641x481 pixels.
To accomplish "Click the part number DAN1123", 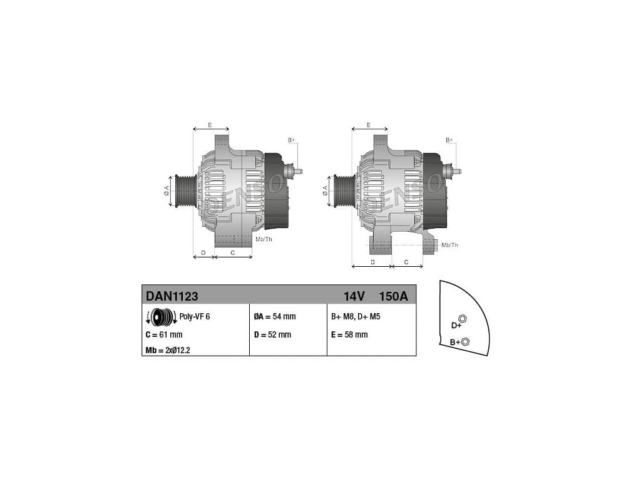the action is (x=172, y=296).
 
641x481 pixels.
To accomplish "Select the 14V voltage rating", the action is (x=354, y=296).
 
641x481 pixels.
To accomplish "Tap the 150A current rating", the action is (x=393, y=296).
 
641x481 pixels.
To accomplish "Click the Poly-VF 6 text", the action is (x=195, y=316).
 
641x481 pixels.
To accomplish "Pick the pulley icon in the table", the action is (x=162, y=316).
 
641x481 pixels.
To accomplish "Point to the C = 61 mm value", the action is (x=164, y=334).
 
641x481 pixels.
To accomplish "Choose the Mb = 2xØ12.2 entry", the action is (x=168, y=351).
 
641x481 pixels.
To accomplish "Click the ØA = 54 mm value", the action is (x=274, y=316).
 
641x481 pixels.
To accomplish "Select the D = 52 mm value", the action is (x=272, y=334).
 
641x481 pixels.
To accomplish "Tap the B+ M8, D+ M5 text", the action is (x=356, y=316).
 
